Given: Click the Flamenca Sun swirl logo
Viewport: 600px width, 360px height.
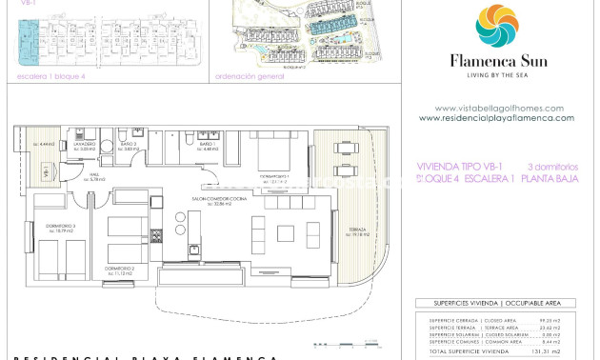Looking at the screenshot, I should click(496, 26).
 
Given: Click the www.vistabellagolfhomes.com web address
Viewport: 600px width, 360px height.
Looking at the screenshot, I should click(498, 108).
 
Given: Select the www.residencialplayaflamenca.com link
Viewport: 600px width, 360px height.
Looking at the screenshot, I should click(496, 118).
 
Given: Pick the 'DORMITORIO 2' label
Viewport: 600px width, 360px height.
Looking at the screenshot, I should click(120, 270).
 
